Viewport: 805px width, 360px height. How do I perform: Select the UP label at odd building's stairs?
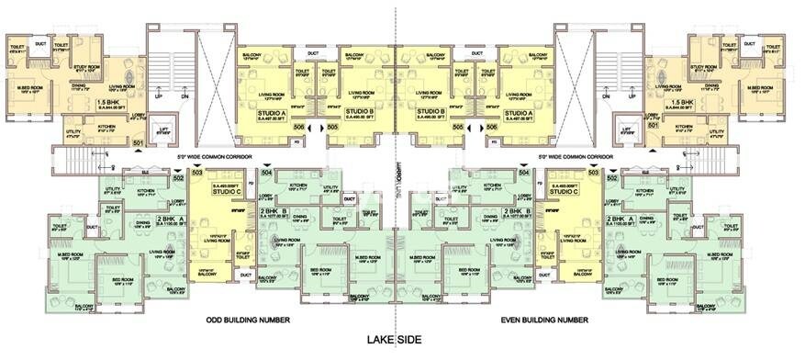[157, 95]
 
